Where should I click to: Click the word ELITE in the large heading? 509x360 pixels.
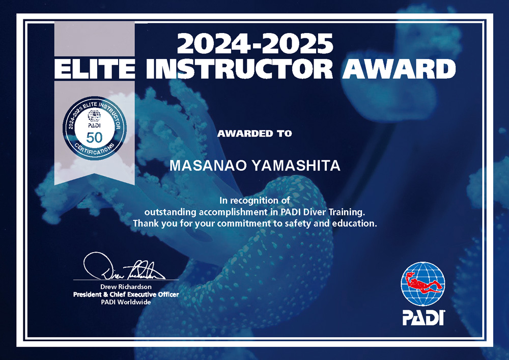click(94, 69)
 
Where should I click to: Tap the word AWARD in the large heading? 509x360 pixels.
click(399, 69)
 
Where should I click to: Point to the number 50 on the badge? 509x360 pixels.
click(95, 137)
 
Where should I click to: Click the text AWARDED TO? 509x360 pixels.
click(254, 133)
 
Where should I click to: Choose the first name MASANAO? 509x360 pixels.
click(208, 165)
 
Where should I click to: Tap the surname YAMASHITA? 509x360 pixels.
click(296, 165)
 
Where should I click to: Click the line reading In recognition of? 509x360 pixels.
click(255, 201)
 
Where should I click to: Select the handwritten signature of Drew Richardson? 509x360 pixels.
click(124, 266)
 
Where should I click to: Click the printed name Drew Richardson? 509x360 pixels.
click(126, 287)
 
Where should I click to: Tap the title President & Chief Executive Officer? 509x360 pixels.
click(126, 294)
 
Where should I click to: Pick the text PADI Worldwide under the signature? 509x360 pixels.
click(126, 302)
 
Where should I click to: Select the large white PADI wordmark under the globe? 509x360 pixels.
click(423, 317)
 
